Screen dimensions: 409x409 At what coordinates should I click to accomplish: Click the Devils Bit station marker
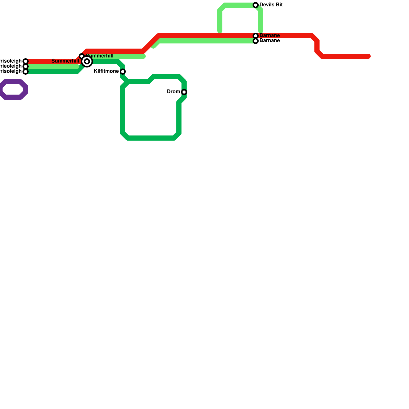[256, 5]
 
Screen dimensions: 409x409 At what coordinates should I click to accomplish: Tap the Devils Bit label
[271, 5]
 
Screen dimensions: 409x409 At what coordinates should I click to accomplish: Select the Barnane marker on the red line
[256, 36]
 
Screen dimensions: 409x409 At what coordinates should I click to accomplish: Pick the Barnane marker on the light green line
[256, 41]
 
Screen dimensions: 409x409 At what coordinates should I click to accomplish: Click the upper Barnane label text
[270, 36]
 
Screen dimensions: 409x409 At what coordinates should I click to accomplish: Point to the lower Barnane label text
[270, 41]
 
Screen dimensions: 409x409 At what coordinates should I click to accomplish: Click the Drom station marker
[184, 92]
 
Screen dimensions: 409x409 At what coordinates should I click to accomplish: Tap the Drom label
[174, 92]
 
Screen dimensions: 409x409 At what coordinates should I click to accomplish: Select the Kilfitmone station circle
[123, 72]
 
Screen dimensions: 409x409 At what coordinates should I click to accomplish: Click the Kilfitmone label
[106, 71]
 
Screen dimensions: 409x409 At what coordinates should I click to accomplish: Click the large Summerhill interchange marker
[87, 61]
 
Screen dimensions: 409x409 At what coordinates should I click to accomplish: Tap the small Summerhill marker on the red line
[82, 56]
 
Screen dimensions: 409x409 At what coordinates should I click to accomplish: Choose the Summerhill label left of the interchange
[65, 61]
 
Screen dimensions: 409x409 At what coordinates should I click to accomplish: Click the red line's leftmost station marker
[26, 61]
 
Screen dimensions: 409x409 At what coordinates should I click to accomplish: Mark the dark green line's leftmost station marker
[26, 72]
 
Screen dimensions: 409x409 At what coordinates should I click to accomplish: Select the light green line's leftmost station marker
[26, 66]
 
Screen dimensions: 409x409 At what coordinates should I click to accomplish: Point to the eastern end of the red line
[369, 56]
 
